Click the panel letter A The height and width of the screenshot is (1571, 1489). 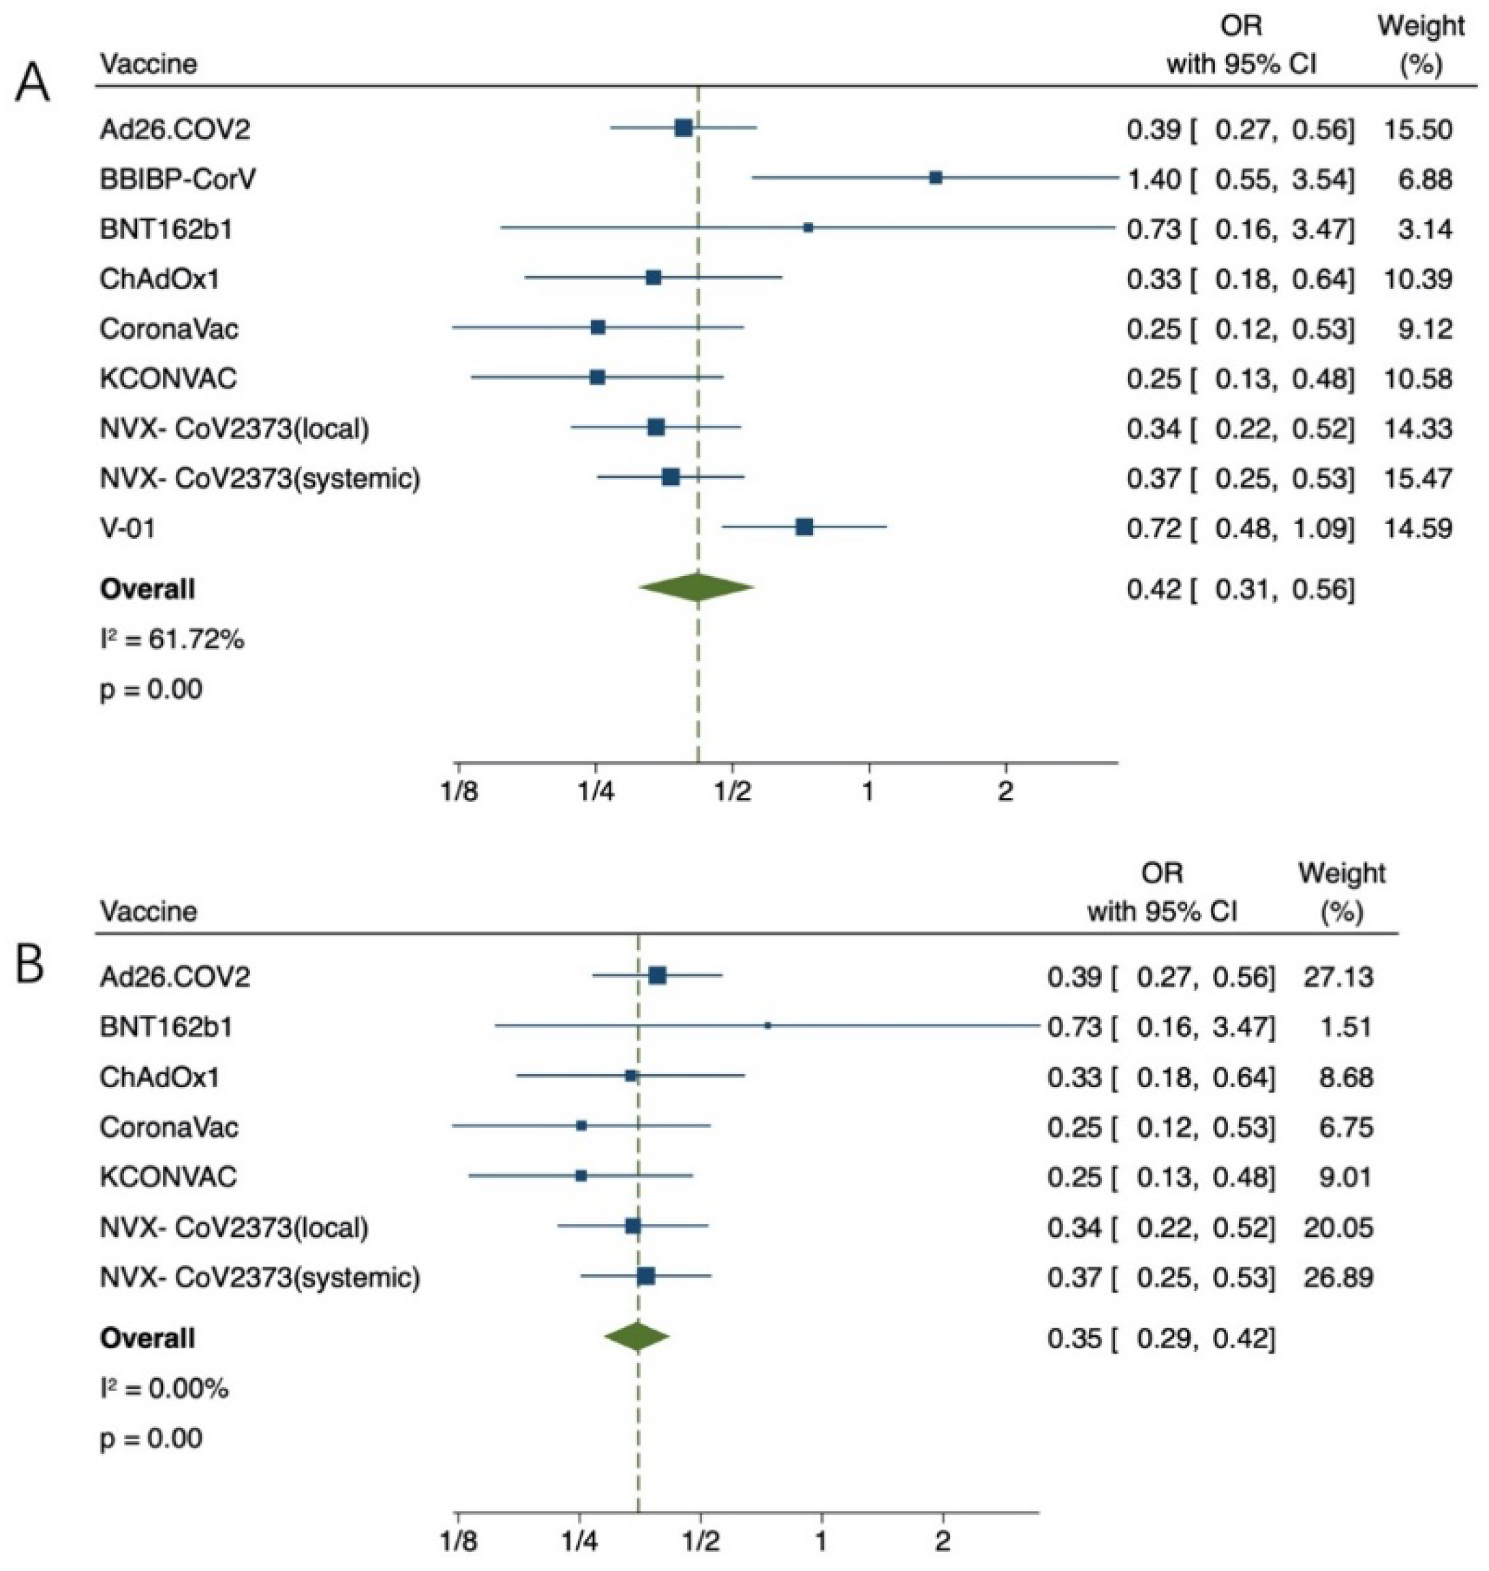33,82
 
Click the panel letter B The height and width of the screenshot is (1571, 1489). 30,968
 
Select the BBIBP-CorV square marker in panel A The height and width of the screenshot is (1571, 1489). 936,178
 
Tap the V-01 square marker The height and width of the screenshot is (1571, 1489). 804,526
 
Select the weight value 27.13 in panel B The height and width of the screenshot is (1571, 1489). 1338,975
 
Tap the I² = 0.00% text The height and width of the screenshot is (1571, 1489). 164,1388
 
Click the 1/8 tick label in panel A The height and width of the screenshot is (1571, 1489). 459,793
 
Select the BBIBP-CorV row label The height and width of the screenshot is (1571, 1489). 178,179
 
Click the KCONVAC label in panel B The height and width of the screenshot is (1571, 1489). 168,1176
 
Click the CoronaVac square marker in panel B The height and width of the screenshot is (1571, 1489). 581,1126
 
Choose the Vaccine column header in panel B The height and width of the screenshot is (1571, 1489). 149,910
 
